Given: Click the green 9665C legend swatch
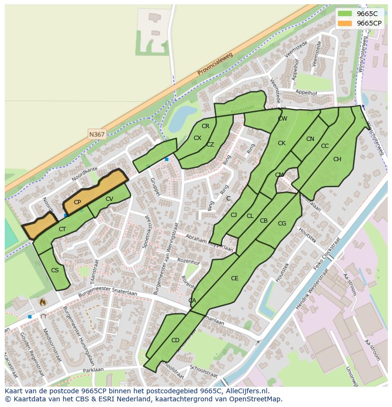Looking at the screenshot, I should click(x=345, y=14).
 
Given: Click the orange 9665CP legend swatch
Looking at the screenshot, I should click(x=345, y=23).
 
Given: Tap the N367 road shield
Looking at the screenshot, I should click(x=97, y=134).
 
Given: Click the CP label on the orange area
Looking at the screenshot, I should click(x=77, y=202).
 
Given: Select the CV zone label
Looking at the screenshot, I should click(x=109, y=199).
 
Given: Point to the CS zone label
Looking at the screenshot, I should click(x=55, y=270).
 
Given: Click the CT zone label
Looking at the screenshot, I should click(x=62, y=229).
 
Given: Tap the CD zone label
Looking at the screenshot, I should click(x=175, y=340).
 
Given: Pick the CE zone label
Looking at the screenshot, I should click(x=234, y=278).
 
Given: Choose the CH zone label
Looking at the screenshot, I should click(x=337, y=159).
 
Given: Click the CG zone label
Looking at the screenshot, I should click(x=282, y=224).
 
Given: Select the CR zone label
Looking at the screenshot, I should click(x=205, y=126).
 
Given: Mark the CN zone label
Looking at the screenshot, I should click(x=310, y=139).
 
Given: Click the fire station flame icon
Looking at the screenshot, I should click(x=43, y=301).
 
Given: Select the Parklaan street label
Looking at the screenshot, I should click(x=93, y=370).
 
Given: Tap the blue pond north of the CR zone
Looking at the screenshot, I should click(x=181, y=118).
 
